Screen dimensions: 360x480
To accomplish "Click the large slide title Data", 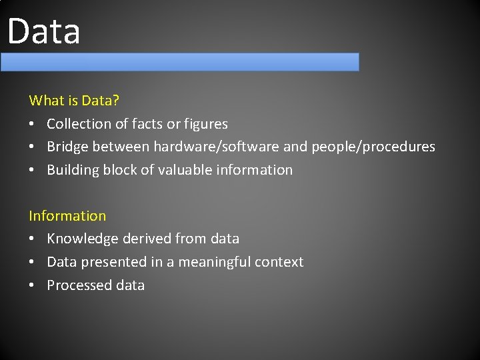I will [x=44, y=31].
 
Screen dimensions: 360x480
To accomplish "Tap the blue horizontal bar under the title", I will [x=179, y=62].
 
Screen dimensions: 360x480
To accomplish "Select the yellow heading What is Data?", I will [x=74, y=101].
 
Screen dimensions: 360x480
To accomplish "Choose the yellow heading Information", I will [x=67, y=216].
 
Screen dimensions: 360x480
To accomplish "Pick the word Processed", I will [x=76, y=285].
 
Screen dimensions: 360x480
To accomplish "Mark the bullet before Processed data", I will [x=33, y=285].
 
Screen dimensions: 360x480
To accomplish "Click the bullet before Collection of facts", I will [x=33, y=124].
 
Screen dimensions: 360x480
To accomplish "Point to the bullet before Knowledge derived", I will [x=33, y=239].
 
